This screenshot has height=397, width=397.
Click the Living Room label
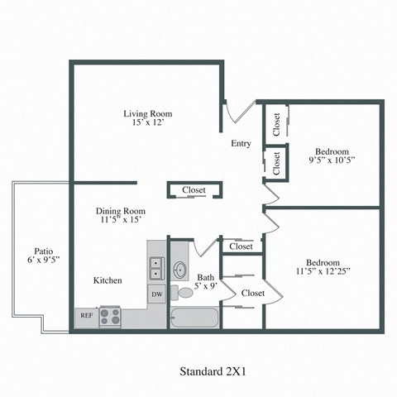click(146, 113)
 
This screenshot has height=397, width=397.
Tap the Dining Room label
click(120, 210)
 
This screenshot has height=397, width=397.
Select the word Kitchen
click(108, 280)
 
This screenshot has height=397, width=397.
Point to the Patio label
click(44, 251)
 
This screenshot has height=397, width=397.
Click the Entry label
click(241, 143)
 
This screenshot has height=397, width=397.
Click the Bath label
click(205, 277)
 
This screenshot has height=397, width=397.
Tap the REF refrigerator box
click(86, 315)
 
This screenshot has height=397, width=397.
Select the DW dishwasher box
click(157, 294)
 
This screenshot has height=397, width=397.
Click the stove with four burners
click(110, 316)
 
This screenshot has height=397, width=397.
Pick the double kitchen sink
click(155, 268)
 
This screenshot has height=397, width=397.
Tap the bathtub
click(195, 317)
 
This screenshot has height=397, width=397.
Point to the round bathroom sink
click(179, 270)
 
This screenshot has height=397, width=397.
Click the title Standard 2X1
click(213, 371)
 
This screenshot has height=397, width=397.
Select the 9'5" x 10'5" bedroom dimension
click(332, 163)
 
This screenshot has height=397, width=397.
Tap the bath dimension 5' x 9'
click(206, 287)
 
